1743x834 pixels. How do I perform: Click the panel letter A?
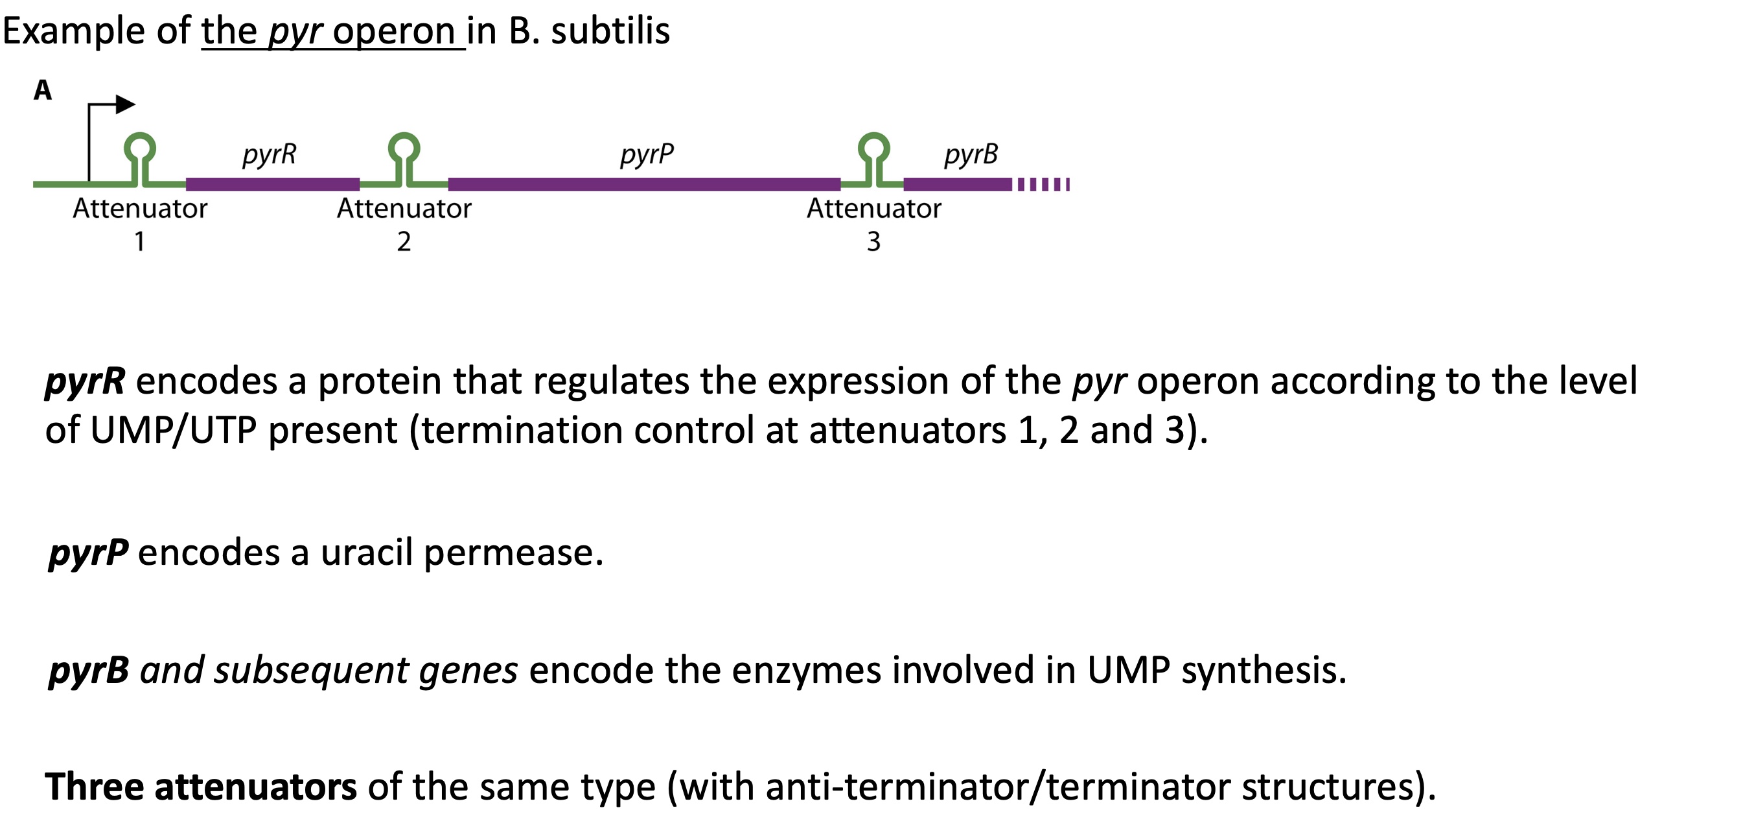[43, 90]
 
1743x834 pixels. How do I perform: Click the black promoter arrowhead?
[125, 104]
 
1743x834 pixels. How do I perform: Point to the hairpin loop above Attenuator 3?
[873, 146]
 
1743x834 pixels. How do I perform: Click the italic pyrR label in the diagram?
[270, 155]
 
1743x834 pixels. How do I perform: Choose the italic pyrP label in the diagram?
[647, 155]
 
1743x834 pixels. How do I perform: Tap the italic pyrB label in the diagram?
[971, 155]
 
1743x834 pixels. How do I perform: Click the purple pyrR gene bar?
[273, 184]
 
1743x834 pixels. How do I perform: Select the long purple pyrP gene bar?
[644, 184]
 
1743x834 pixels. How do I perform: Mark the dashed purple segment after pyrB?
[1043, 184]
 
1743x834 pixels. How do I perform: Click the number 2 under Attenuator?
[404, 242]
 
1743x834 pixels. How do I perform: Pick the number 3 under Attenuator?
[873, 242]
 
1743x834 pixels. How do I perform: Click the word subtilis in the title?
[610, 31]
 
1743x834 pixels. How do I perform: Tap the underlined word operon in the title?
[394, 31]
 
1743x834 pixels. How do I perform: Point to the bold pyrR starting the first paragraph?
[85, 381]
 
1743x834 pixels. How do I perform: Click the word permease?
[513, 553]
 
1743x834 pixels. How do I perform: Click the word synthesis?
[1264, 670]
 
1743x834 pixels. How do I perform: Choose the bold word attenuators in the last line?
[256, 787]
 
